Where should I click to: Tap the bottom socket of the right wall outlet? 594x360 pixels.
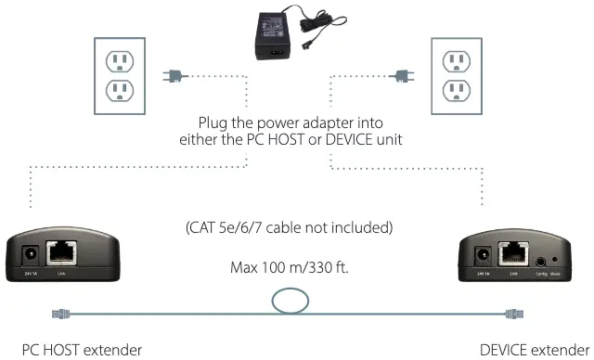click(457, 91)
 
